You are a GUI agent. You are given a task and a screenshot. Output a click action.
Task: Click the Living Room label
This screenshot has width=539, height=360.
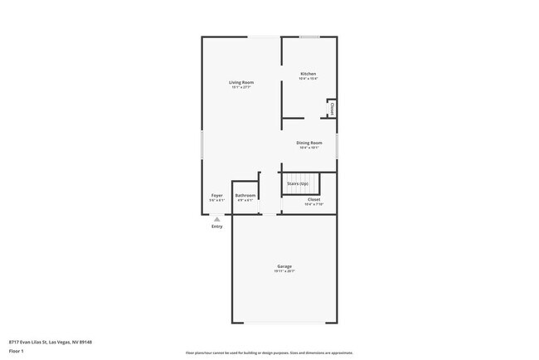pyautogui.click(x=241, y=82)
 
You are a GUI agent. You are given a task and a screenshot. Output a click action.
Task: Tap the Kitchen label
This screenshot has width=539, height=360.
pyautogui.click(x=308, y=74)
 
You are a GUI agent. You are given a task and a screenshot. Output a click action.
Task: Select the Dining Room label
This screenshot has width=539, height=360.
pyautogui.click(x=309, y=143)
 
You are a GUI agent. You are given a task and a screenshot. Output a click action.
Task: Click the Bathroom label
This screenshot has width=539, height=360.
pyautogui.click(x=245, y=196)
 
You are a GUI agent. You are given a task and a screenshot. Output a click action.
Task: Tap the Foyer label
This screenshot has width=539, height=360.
pyautogui.click(x=216, y=196)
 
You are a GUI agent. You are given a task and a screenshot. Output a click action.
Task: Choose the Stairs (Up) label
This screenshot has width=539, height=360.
pyautogui.click(x=298, y=183)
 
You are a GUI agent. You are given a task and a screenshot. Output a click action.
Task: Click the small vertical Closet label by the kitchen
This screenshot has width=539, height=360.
pyautogui.click(x=332, y=108)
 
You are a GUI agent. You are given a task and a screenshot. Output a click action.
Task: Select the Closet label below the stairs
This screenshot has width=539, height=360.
pyautogui.click(x=313, y=199)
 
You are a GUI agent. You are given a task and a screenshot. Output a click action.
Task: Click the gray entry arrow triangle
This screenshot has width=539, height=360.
pyautogui.click(x=217, y=220)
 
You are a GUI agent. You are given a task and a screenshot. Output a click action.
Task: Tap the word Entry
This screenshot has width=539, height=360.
pyautogui.click(x=217, y=226)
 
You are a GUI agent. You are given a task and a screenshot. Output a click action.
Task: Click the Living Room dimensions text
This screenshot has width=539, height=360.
pyautogui.click(x=241, y=87)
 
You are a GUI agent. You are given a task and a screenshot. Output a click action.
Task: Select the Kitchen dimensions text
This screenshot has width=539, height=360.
pyautogui.click(x=308, y=79)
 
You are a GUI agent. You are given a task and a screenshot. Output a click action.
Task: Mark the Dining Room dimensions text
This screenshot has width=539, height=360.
pyautogui.click(x=309, y=148)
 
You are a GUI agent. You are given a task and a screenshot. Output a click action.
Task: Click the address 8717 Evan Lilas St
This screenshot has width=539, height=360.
pyautogui.click(x=50, y=341)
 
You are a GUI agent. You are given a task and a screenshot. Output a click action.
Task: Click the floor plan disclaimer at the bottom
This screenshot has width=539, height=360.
pyautogui.click(x=269, y=353)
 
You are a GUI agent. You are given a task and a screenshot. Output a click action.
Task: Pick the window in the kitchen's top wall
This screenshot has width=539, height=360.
pyautogui.click(x=310, y=36)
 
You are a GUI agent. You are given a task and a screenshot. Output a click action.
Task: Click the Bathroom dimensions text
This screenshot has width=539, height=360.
pyautogui.click(x=245, y=200)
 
